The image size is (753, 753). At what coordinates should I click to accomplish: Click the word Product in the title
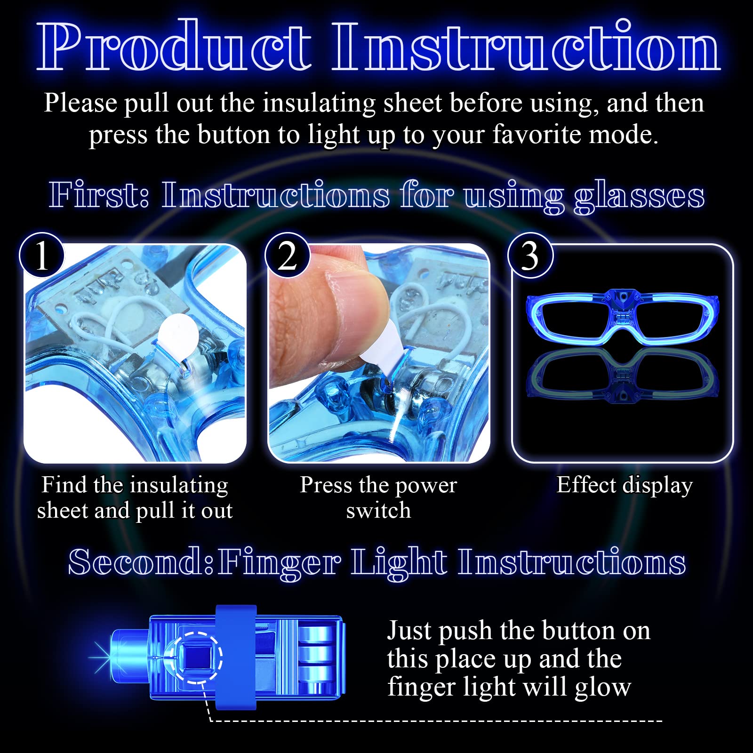point(174,47)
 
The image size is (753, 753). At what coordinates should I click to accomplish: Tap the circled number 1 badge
point(41,256)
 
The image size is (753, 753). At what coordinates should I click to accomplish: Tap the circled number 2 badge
point(287,256)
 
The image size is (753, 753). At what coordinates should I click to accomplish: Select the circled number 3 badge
point(530,256)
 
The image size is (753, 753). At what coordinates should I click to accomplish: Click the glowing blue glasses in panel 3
point(622,316)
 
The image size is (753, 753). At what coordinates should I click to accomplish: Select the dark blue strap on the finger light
point(236,657)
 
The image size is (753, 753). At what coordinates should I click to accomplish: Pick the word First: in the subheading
point(99,195)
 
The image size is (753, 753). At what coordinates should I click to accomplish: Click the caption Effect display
point(625,486)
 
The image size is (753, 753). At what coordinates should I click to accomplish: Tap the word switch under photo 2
point(378,511)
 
